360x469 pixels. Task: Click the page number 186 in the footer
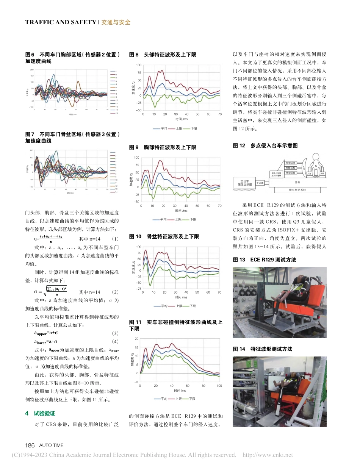pos(30,445)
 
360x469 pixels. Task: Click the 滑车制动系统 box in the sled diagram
pos(297,190)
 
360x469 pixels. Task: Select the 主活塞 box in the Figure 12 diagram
pos(260,183)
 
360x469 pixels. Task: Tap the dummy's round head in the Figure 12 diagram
pos(316,158)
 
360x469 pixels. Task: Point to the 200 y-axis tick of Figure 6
pos(32,70)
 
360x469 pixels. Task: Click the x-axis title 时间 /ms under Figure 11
pos(180,390)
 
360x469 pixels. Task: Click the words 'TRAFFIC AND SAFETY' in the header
pos(61,22)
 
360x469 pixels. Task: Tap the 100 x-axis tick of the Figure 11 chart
pos(219,385)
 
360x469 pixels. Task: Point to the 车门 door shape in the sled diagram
pos(304,166)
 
